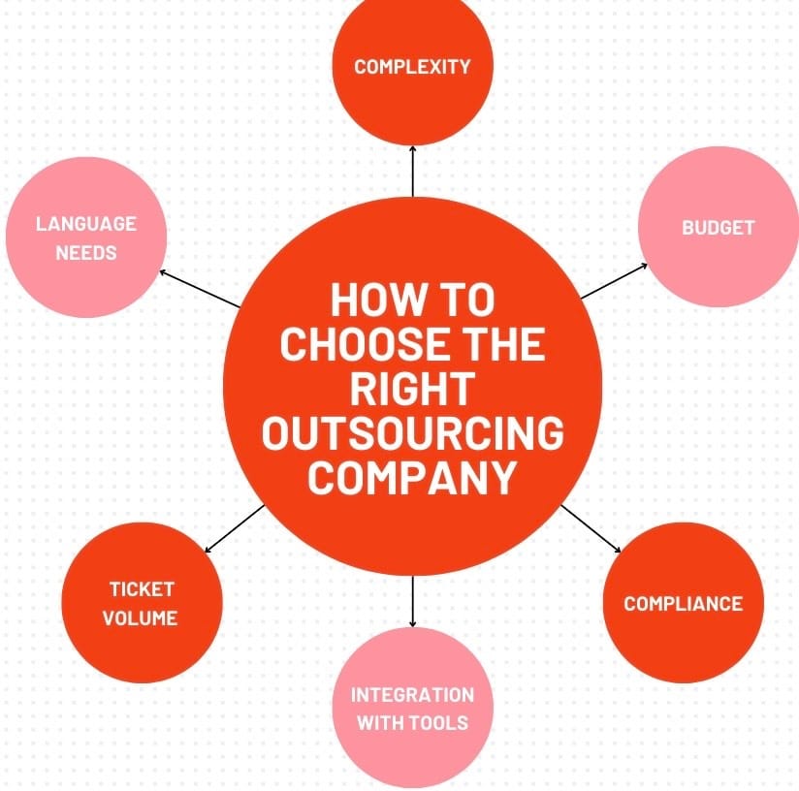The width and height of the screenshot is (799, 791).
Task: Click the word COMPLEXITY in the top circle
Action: pos(412,67)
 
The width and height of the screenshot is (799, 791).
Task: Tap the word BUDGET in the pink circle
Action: pos(718,228)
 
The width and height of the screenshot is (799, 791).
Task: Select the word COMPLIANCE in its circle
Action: pos(683,604)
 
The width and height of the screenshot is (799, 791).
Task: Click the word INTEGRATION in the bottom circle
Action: pos(412,695)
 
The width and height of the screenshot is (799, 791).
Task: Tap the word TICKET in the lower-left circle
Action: pos(142,588)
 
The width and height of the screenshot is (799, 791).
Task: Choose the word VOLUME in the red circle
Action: pos(141,617)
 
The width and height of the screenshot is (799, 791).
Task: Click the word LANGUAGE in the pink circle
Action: pos(86,224)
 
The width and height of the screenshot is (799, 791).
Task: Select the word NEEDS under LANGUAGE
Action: pos(86,253)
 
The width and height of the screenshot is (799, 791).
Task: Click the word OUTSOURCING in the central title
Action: pos(412,433)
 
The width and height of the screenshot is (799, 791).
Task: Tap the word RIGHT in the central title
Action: pos(412,389)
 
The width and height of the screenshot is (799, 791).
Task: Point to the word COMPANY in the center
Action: pos(412,478)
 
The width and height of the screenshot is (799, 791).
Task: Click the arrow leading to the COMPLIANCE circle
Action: pos(591,529)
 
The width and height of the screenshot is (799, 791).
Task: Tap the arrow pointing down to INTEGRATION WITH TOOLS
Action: pos(413,601)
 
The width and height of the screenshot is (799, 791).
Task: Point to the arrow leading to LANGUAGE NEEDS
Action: pos(199,289)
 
